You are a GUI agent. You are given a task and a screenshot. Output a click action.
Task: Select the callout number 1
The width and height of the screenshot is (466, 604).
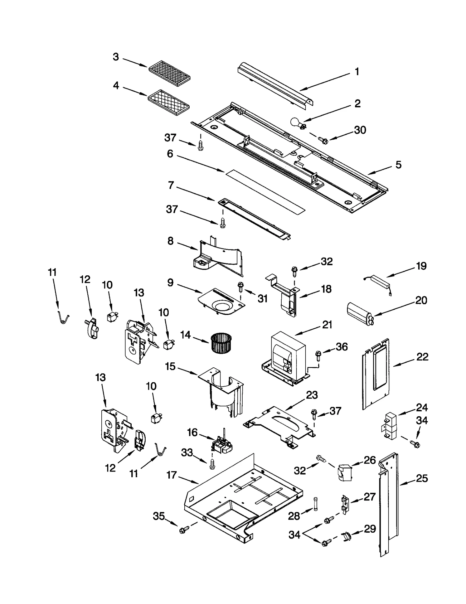tap(357, 72)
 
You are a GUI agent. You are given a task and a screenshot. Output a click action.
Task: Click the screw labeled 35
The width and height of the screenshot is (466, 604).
tap(183, 530)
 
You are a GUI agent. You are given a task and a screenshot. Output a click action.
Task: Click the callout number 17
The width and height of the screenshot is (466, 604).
tap(172, 475)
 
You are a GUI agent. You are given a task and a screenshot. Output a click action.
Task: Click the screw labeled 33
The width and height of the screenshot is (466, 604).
tap(212, 466)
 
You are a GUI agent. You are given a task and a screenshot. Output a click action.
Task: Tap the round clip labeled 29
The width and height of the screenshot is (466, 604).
tap(347, 536)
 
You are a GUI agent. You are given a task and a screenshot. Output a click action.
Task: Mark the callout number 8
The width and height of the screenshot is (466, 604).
tap(170, 241)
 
